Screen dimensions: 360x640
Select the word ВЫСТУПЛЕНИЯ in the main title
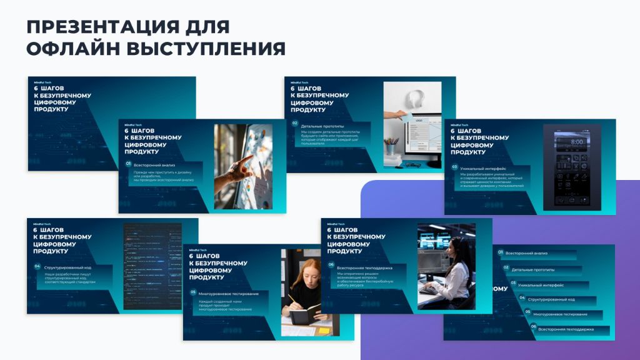pyautogui.click(x=206, y=49)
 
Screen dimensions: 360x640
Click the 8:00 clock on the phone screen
pyautogui.click(x=576, y=142)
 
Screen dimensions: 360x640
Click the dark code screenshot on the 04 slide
pyautogui.click(x=152, y=266)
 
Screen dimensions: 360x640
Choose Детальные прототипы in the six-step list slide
pyautogui.click(x=532, y=269)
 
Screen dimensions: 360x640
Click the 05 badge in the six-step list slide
pyautogui.click(x=527, y=311)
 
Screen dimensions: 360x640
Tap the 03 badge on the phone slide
pyautogui.click(x=454, y=167)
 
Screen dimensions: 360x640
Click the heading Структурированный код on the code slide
pyautogui.click(x=68, y=267)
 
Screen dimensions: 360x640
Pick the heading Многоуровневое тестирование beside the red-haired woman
pyautogui.click(x=227, y=292)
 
